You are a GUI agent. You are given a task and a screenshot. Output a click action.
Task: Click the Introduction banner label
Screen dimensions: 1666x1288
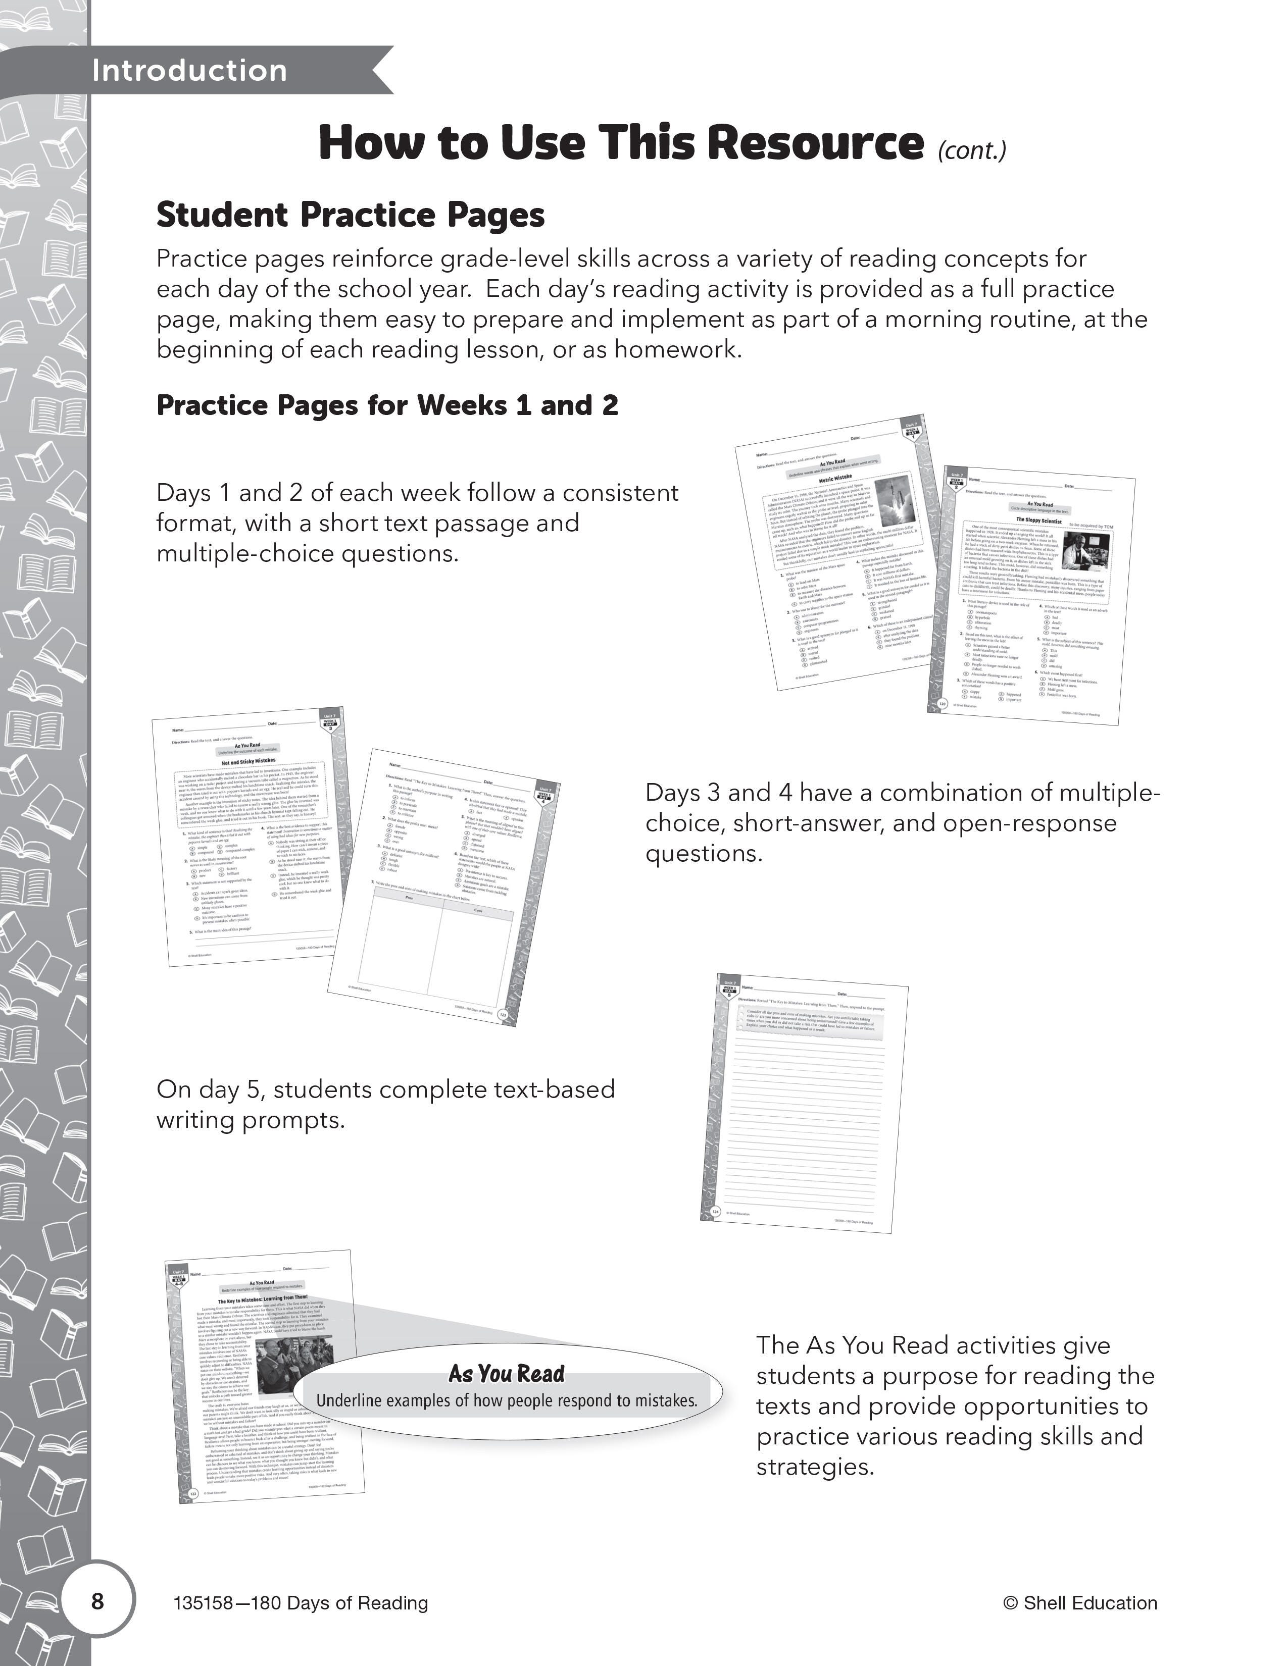[x=189, y=71]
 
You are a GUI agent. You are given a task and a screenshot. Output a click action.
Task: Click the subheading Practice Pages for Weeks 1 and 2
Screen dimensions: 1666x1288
[x=387, y=405]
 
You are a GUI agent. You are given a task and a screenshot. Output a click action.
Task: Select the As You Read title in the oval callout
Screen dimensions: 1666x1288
[x=507, y=1374]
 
